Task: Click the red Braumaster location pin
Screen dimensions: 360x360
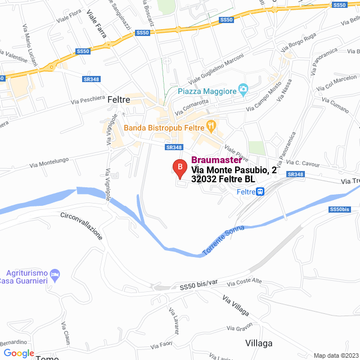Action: click(179, 168)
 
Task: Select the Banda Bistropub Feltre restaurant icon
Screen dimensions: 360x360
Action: click(211, 125)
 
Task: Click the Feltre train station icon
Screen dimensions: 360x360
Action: click(260, 192)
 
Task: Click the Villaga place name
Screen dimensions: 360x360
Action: click(259, 343)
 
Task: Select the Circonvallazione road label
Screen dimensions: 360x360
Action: click(82, 225)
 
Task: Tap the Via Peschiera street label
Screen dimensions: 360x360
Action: click(88, 100)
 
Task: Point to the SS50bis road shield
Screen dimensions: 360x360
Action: click(339, 209)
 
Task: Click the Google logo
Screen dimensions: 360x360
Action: click(19, 353)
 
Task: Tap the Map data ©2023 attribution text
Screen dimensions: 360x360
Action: click(336, 355)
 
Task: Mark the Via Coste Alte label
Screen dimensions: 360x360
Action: click(245, 281)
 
